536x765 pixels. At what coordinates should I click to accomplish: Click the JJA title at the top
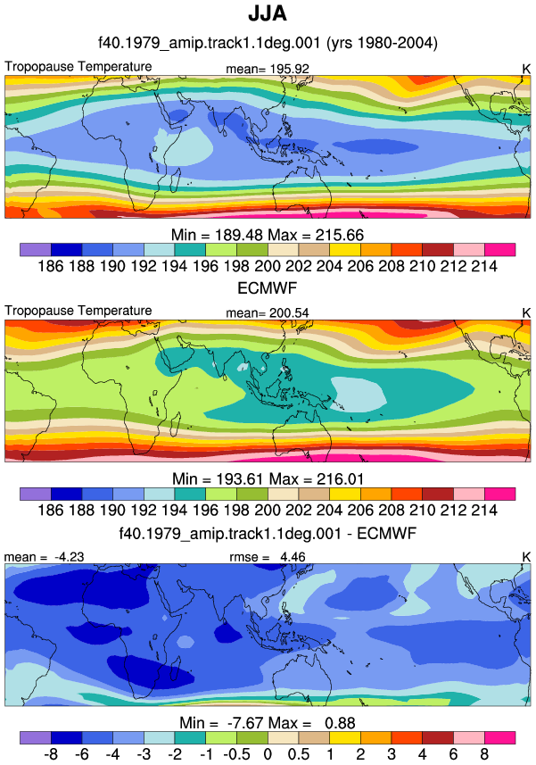coord(268,13)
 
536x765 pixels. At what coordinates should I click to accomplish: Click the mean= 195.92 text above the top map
coord(268,70)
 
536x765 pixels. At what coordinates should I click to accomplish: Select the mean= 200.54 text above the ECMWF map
coord(268,313)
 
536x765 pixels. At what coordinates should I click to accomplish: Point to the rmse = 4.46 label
coord(268,557)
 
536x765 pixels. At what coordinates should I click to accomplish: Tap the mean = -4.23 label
coord(44,557)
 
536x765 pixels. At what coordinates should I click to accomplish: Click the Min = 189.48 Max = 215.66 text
coord(268,235)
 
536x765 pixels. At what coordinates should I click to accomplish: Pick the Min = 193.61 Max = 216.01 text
coord(268,479)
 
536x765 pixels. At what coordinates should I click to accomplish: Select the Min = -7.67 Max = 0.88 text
coord(268,723)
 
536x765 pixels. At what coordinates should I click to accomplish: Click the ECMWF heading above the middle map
coord(268,288)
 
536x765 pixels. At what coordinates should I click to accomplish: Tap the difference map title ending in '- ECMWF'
coord(268,533)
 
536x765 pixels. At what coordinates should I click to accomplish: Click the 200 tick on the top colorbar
coord(268,266)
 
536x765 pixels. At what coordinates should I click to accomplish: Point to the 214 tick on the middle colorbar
coord(484,511)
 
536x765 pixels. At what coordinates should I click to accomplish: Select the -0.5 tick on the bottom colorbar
coord(237,754)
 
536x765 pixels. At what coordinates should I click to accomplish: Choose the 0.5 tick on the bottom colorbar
coord(298,754)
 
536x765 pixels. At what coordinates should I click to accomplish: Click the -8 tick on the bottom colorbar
coord(51,754)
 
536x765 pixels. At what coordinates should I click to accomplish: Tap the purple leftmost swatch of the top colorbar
coord(36,250)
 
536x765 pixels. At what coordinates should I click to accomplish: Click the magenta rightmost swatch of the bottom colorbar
coord(500,737)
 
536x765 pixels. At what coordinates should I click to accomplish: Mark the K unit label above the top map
coord(526,70)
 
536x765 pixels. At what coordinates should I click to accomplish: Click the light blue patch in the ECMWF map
coord(359,394)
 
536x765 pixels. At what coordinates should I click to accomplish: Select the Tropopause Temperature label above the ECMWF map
coord(78,311)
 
